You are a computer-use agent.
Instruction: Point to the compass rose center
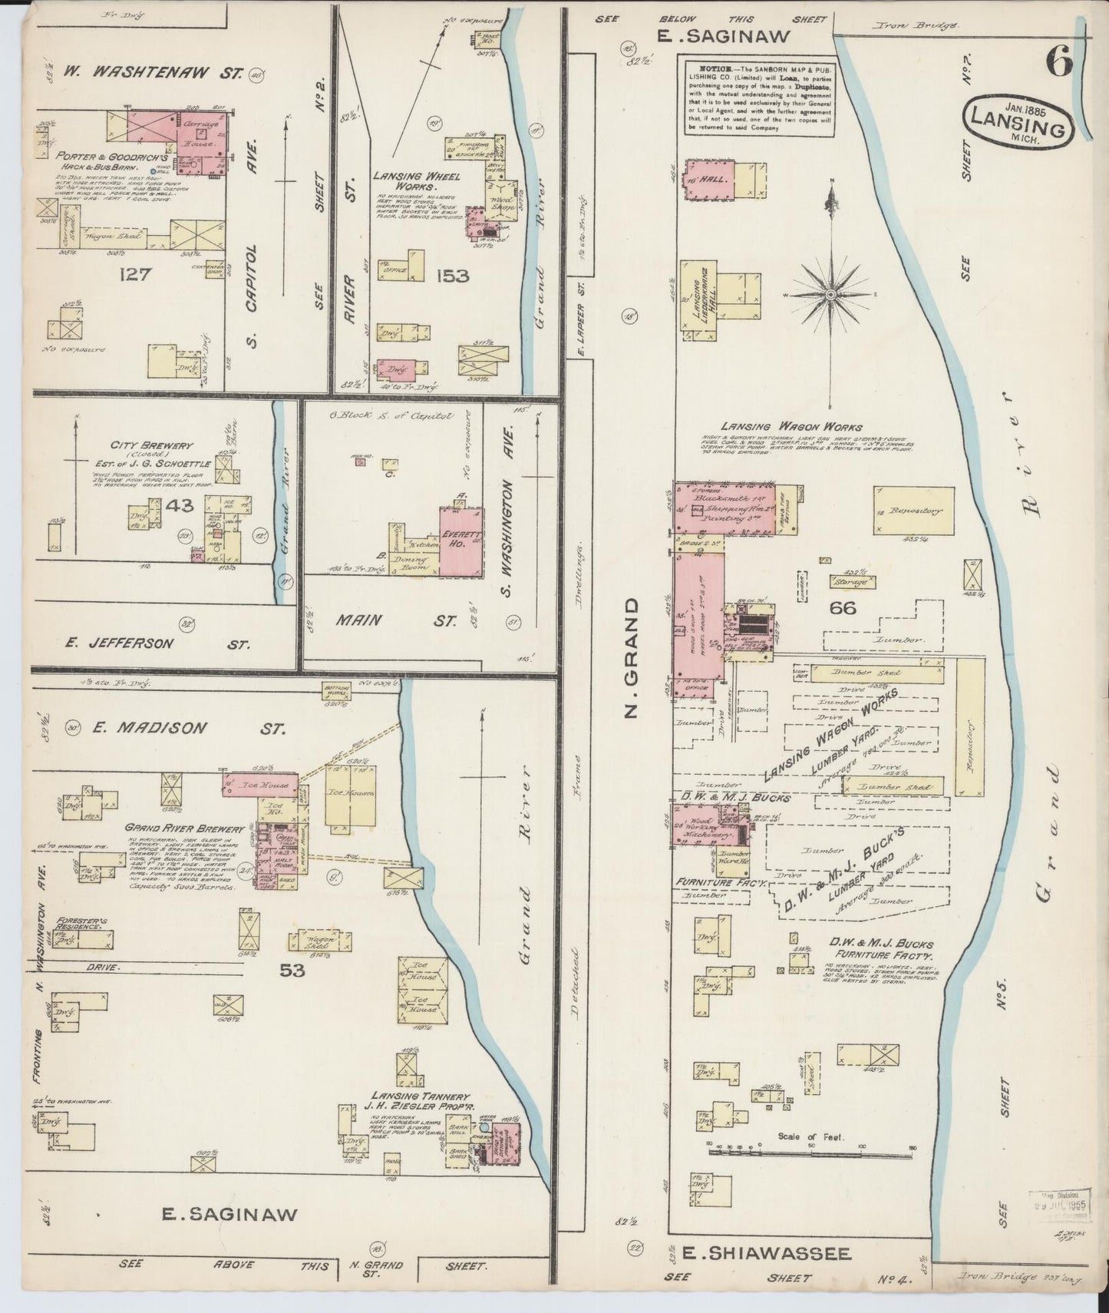[x=832, y=294]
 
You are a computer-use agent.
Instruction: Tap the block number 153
[x=451, y=276]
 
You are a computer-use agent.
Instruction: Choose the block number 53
[x=292, y=971]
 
